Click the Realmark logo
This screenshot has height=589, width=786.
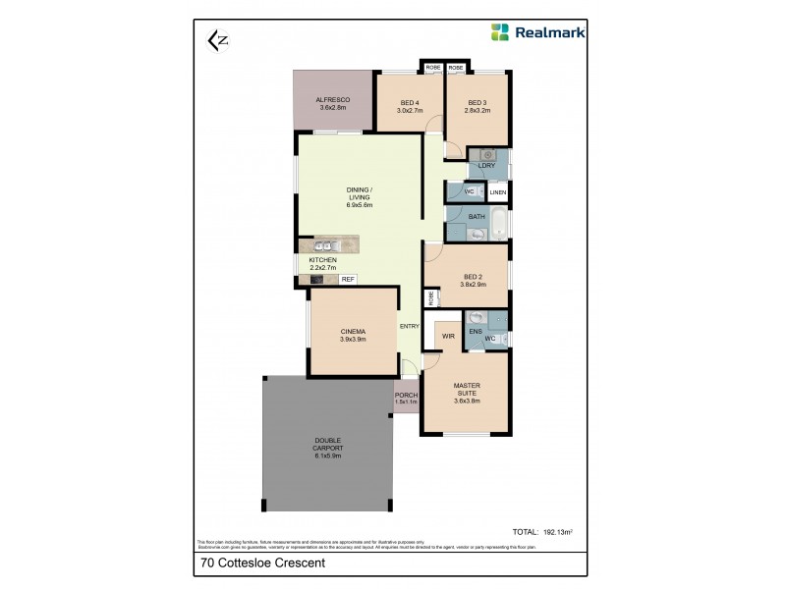(x=538, y=31)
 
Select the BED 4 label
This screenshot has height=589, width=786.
(x=410, y=107)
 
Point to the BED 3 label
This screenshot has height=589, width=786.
(x=477, y=107)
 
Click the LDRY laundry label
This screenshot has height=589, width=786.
(x=486, y=167)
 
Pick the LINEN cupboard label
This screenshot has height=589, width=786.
(x=498, y=193)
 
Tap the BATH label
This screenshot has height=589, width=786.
(x=477, y=217)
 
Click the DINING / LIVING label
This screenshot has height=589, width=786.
(x=359, y=196)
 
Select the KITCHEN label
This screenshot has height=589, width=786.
(x=322, y=263)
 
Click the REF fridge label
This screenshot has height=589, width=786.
(x=347, y=280)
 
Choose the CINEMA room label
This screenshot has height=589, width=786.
(x=353, y=335)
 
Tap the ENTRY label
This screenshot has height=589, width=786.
(x=410, y=327)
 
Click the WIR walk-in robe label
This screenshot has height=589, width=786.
(x=447, y=335)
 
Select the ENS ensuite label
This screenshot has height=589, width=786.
(x=476, y=332)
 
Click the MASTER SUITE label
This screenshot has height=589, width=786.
(x=466, y=393)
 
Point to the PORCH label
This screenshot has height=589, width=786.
(x=406, y=399)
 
